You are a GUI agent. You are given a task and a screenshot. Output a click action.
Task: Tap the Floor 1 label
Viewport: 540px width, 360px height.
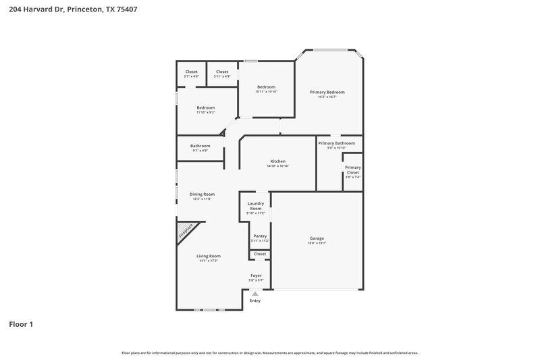click(21, 324)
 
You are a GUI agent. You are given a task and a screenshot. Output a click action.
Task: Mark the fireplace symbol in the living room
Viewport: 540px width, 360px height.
click(186, 232)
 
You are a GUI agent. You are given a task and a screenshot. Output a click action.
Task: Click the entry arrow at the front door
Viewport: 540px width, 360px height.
click(254, 294)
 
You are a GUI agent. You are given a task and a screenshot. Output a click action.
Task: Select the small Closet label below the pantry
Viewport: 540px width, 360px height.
click(259, 254)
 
